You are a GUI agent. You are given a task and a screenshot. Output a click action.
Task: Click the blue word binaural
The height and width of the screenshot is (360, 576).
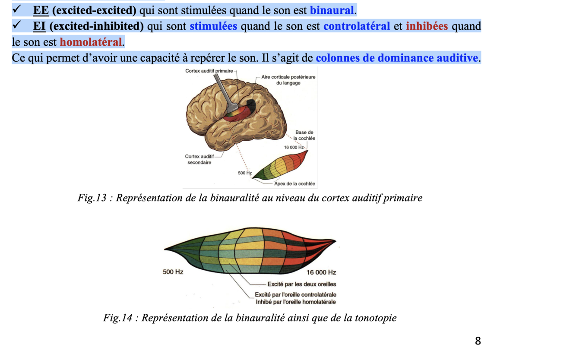click(332, 10)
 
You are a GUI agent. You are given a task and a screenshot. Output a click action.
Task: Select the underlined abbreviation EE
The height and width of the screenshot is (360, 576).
click(41, 10)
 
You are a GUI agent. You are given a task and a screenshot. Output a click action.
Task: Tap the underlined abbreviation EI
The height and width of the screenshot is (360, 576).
click(39, 26)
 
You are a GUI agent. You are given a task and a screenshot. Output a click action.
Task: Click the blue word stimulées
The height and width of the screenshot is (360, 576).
click(213, 26)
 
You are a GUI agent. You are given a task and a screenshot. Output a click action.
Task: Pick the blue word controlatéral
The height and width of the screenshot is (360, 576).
click(357, 26)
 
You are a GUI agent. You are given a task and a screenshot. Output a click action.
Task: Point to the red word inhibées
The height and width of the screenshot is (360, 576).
click(427, 26)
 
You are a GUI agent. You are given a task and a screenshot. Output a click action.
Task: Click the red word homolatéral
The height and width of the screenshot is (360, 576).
click(91, 42)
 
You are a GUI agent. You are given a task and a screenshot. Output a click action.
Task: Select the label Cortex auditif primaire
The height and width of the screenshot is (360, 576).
click(209, 71)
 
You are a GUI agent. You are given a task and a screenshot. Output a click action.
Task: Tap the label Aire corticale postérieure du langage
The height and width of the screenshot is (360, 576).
click(288, 80)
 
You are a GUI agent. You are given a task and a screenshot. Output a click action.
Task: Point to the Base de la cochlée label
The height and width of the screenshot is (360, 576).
click(304, 135)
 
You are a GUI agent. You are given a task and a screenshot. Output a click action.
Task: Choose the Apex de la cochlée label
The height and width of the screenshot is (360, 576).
click(295, 184)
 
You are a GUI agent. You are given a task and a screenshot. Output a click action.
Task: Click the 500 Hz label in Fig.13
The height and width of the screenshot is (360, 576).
click(244, 173)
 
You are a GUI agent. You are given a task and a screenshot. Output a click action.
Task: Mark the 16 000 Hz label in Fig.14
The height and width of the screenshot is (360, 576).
click(321, 272)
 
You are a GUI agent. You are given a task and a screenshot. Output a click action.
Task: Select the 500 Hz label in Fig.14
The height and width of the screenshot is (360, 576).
click(173, 272)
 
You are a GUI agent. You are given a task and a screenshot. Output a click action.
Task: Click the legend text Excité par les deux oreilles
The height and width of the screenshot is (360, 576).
click(302, 284)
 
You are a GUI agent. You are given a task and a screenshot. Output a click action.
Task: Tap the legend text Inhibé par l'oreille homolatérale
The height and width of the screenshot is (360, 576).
click(296, 302)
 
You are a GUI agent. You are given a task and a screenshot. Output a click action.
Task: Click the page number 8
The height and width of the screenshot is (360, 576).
click(478, 341)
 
